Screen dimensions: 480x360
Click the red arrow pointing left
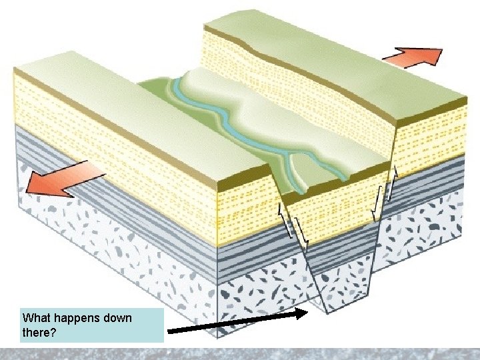point(63,181)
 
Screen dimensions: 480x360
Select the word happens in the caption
point(79,318)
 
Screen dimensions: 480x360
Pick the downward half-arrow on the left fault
point(304,233)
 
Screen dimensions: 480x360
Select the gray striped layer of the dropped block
point(340,253)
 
